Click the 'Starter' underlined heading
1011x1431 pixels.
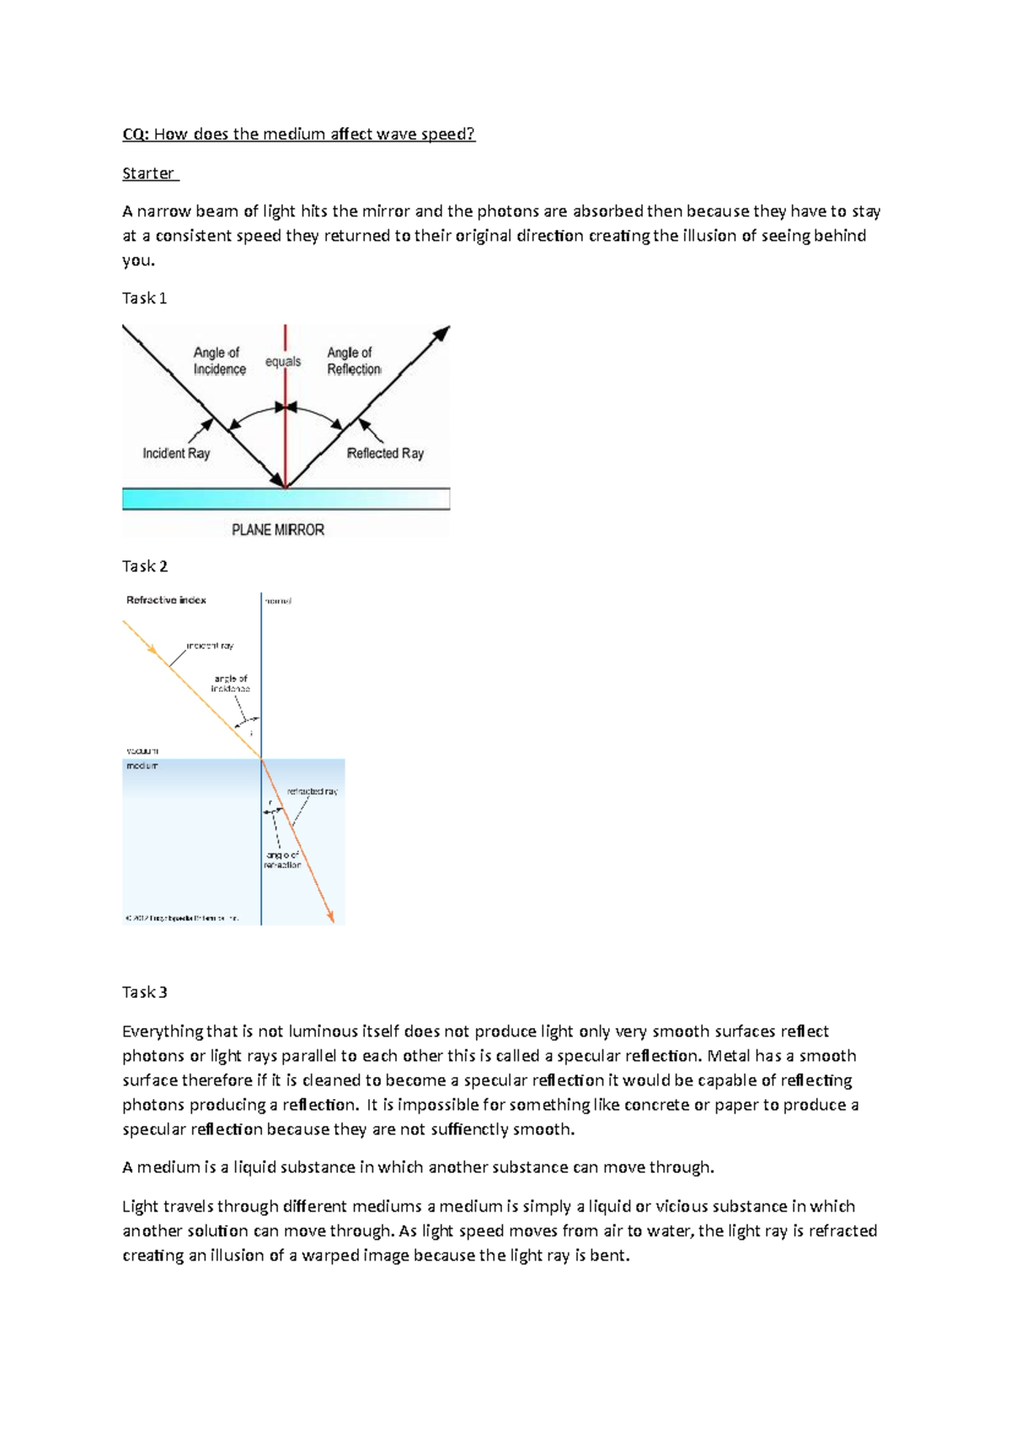click(148, 174)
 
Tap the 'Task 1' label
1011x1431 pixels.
click(144, 298)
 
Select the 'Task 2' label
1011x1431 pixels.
click(144, 566)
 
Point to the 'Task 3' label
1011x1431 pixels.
click(144, 992)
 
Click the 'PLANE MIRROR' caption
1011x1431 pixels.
click(278, 530)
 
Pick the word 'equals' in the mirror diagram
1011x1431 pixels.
click(283, 362)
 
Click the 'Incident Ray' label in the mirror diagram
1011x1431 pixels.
click(176, 453)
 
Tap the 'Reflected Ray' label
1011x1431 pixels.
click(385, 453)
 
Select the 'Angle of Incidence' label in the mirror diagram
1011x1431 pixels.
click(219, 361)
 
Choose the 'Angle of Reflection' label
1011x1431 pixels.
click(354, 361)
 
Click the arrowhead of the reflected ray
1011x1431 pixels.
click(441, 334)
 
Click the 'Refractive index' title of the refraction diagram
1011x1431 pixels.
click(166, 600)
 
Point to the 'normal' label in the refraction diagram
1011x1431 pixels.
click(278, 601)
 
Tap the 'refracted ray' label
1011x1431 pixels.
click(312, 791)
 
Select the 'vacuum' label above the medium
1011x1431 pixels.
click(142, 750)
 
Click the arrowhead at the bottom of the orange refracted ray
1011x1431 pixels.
click(331, 916)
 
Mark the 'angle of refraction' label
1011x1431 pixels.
click(282, 860)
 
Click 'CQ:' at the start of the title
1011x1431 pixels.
click(135, 134)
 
